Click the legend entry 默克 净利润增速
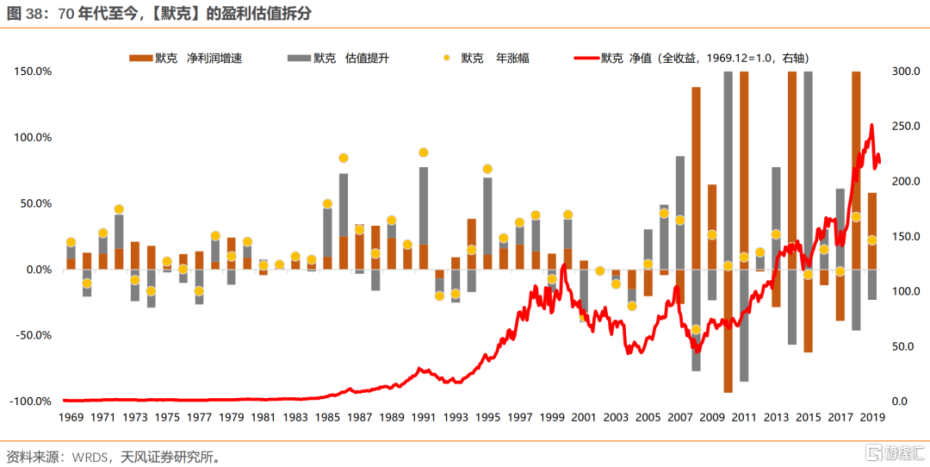pyautogui.click(x=185, y=59)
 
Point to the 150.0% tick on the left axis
pyautogui.click(x=34, y=72)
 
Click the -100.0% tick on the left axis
pyautogui.click(x=32, y=402)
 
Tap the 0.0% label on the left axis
pyautogui.click(x=38, y=270)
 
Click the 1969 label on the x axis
pyautogui.click(x=71, y=418)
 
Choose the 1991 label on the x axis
pyautogui.click(x=424, y=418)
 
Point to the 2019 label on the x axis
pyautogui.click(x=872, y=418)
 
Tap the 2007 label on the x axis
pyautogui.click(x=680, y=418)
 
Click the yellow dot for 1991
pyautogui.click(x=424, y=153)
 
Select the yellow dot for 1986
pyautogui.click(x=344, y=158)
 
